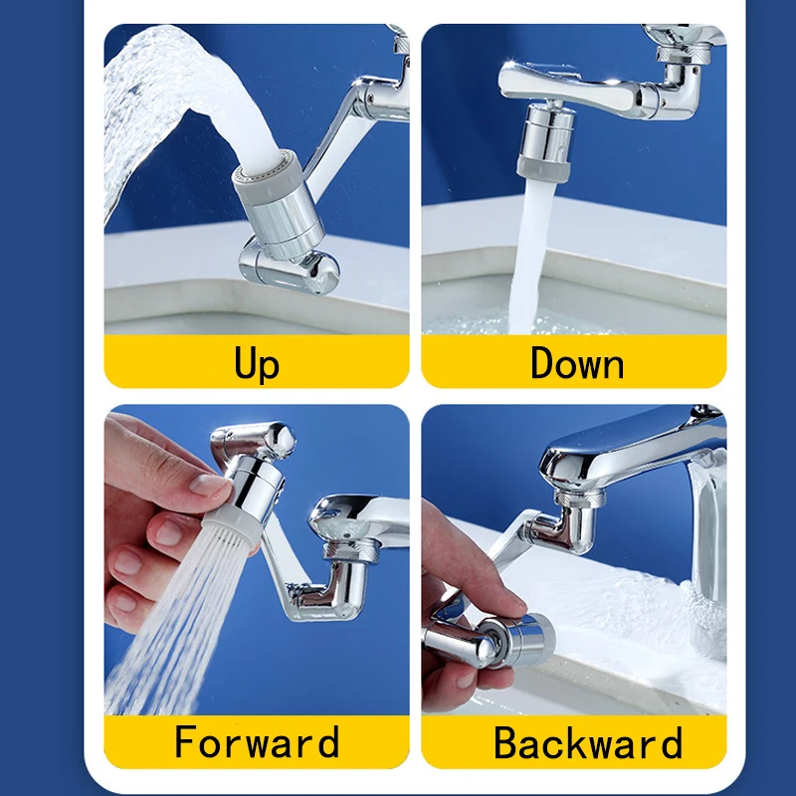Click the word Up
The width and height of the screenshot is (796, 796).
(x=257, y=363)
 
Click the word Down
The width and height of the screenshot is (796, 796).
(x=576, y=363)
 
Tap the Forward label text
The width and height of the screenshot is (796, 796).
(x=257, y=743)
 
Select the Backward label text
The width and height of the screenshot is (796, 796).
(x=588, y=743)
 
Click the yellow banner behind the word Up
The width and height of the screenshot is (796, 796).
(x=149, y=362)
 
